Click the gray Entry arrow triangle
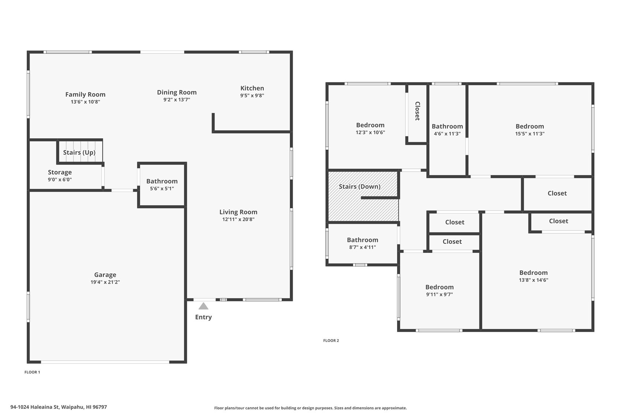(x=203, y=306)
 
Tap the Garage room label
(x=105, y=275)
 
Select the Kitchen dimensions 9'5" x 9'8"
(x=252, y=96)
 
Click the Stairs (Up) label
(x=79, y=153)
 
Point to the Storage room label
(x=60, y=172)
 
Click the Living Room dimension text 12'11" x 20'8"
(x=238, y=219)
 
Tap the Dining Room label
(x=177, y=92)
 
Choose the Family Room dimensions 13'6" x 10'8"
(x=85, y=102)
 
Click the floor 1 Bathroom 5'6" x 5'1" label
(x=162, y=181)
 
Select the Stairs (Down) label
(x=360, y=187)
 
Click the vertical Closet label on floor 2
(x=418, y=111)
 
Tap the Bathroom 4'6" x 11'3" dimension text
(x=447, y=134)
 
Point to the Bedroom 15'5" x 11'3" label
(x=530, y=126)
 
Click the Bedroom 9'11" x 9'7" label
(x=439, y=287)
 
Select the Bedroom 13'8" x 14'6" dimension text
(x=534, y=280)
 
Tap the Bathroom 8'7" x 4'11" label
(x=362, y=240)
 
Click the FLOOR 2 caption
(x=331, y=340)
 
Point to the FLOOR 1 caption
(x=32, y=372)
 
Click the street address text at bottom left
(x=59, y=407)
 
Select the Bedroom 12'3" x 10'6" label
(x=370, y=125)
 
